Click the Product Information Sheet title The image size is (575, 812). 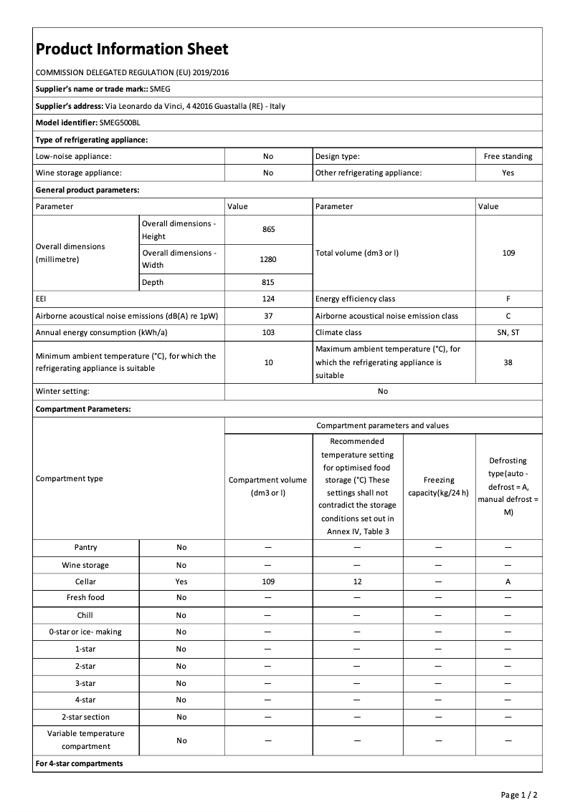coord(132,49)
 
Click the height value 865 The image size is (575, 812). coord(268,229)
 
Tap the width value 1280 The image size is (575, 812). coord(268,259)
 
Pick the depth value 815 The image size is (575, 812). coord(268,282)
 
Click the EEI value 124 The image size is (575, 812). coord(268,299)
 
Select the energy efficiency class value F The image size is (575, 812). coord(508,299)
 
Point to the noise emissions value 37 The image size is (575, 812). coord(268,316)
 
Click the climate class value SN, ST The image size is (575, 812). coord(508,332)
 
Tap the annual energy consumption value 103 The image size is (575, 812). coord(268,332)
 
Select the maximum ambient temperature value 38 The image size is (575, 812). coord(508,362)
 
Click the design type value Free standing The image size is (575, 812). coord(508,156)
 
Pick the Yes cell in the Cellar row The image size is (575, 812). coord(181,582)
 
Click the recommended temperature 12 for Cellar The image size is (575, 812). coord(357,582)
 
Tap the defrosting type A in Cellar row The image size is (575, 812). coord(508,582)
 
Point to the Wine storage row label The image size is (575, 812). coord(85,565)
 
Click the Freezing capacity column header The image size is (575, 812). coord(438,486)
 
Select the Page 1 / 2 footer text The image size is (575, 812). coord(519,795)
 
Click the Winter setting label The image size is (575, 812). coord(62,392)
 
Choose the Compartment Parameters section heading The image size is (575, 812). coord(83,409)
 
